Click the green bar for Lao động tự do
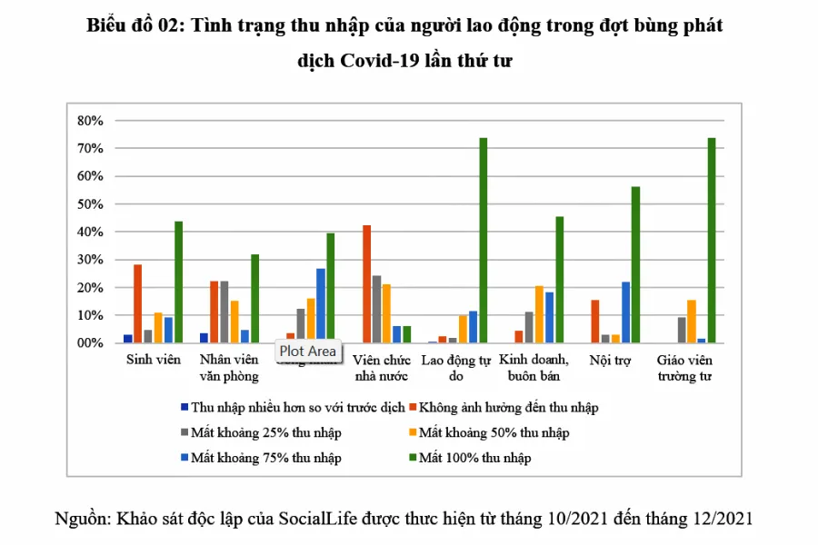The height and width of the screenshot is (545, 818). click(x=484, y=241)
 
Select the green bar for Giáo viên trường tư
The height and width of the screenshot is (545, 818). click(x=712, y=241)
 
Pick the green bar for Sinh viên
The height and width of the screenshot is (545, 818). click(x=179, y=282)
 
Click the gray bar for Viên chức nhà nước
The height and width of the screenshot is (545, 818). click(x=376, y=309)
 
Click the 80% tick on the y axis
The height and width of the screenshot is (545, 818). click(x=92, y=120)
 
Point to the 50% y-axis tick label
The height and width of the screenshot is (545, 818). click(x=92, y=204)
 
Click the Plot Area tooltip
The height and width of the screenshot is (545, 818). click(x=307, y=351)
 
